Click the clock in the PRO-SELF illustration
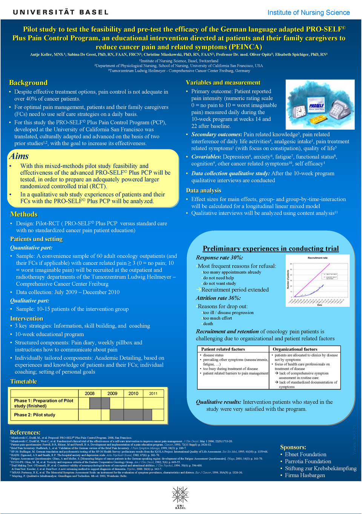[x=300, y=112]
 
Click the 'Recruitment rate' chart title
[x=318, y=258]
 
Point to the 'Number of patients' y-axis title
[x=288, y=279]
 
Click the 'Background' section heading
[x=28, y=83]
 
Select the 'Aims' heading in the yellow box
[x=19, y=156]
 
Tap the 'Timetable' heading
[x=24, y=382]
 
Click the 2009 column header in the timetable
[x=112, y=393]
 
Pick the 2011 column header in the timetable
[x=153, y=393]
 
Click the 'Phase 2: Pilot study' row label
[x=35, y=415]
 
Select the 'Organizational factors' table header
[x=295, y=349]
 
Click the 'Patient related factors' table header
[x=223, y=349]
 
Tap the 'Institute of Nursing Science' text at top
[x=308, y=12]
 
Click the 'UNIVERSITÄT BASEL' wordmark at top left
[x=61, y=12]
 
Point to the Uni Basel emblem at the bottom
[x=181, y=497]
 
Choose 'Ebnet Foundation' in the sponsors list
[x=305, y=454]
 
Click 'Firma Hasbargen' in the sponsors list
[x=305, y=475]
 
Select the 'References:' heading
[x=25, y=433]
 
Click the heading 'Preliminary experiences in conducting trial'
[x=271, y=249]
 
